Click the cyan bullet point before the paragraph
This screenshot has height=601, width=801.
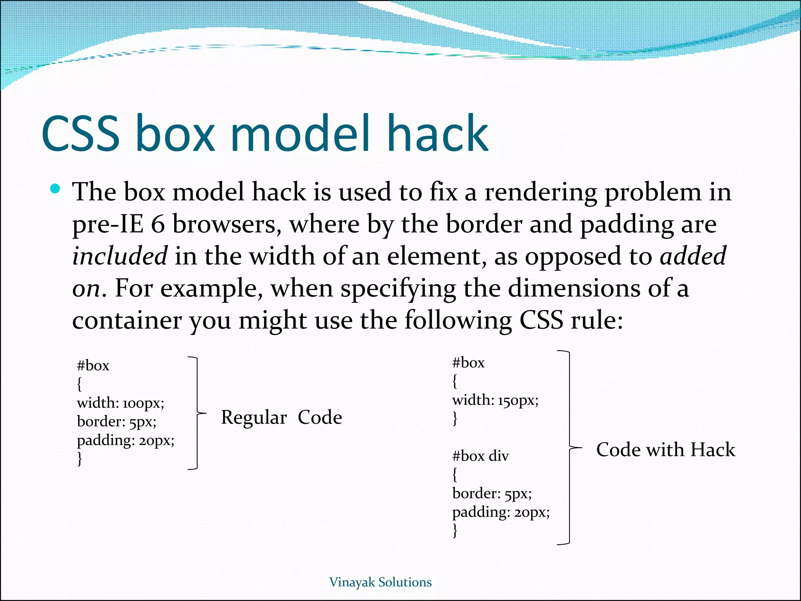[55, 189]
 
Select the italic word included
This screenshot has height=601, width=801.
[120, 256]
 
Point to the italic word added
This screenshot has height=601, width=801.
[693, 256]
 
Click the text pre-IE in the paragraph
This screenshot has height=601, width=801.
[108, 225]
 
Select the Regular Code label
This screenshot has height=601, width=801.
[281, 417]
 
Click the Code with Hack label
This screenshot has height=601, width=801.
[665, 450]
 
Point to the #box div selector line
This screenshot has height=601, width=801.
[480, 456]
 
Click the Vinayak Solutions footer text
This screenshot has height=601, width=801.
[380, 582]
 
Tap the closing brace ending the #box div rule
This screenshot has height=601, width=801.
[455, 531]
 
